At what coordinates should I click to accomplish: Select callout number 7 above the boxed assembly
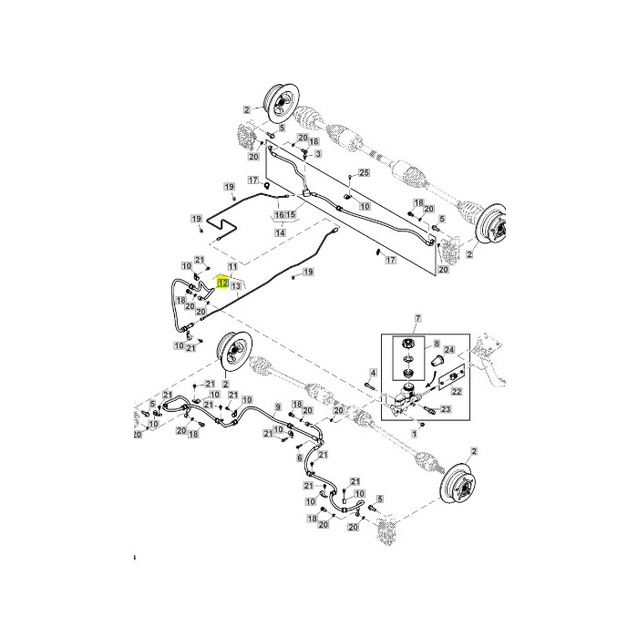pos(418,319)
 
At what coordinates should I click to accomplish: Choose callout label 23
pos(446,410)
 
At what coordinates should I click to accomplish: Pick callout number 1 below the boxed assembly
pos(415,435)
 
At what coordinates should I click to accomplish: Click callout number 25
pos(363,173)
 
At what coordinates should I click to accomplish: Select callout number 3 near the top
pos(318,155)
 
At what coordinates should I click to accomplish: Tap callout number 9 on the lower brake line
pos(277,406)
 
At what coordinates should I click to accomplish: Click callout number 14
pos(281,232)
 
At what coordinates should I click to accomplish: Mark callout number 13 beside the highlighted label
pos(235,285)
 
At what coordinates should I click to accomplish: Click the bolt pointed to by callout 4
pos(368,386)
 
